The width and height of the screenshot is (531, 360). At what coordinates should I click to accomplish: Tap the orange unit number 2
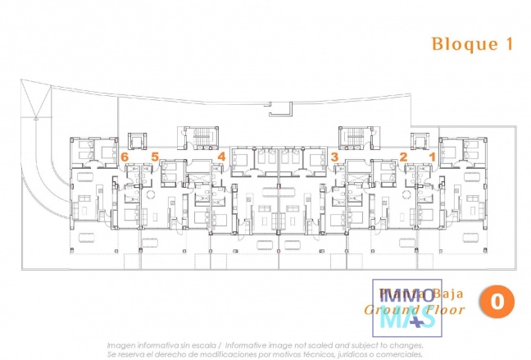pyautogui.click(x=403, y=156)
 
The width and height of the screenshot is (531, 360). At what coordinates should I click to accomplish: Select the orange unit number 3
pyautogui.click(x=334, y=156)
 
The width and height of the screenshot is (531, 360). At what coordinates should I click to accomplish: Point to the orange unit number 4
pyautogui.click(x=221, y=156)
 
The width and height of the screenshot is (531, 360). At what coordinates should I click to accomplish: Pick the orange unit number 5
pyautogui.click(x=155, y=156)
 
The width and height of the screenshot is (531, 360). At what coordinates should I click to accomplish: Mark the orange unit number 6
pyautogui.click(x=125, y=156)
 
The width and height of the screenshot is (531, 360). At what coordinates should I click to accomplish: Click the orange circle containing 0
pyautogui.click(x=497, y=301)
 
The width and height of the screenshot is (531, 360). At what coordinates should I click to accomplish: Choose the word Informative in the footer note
pyautogui.click(x=252, y=345)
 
